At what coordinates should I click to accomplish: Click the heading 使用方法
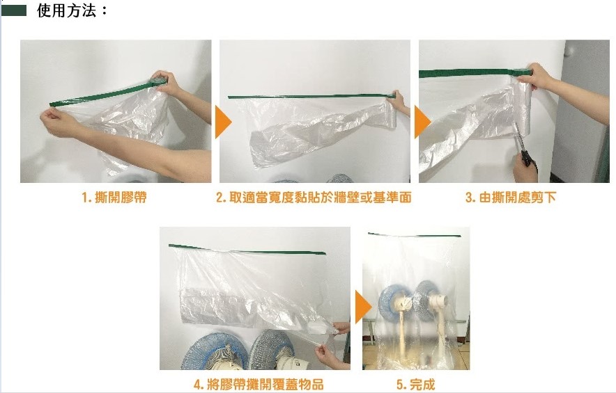point(67,10)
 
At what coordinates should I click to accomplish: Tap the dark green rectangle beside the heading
point(14,10)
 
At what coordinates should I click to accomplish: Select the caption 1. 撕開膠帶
point(114,197)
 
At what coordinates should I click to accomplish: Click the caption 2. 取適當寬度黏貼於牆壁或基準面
point(314,197)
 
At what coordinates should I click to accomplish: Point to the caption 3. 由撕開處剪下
point(511,197)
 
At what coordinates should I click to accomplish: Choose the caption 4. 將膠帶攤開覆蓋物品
point(259,384)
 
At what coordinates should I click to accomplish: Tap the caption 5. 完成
point(415,384)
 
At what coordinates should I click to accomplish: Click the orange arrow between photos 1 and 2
point(223,122)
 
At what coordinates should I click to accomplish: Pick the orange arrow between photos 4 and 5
point(363,307)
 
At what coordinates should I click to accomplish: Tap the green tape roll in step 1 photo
point(159,82)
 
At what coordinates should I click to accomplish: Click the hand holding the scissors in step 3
point(525,168)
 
